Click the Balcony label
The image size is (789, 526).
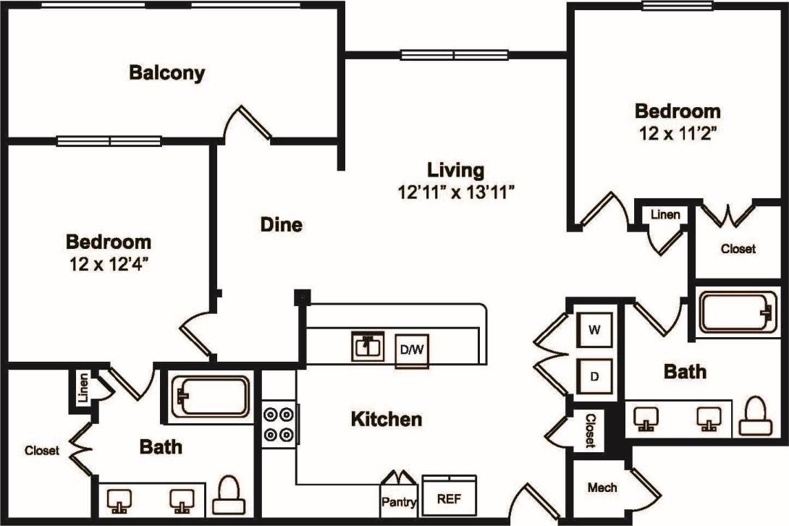coord(166,73)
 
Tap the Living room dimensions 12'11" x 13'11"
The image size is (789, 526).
coord(455,192)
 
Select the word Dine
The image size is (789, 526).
coord(281,225)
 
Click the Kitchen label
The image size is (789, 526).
coord(386,419)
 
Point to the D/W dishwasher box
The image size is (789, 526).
coord(412,350)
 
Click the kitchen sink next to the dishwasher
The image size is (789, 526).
coord(368,347)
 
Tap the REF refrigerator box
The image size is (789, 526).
coord(449,499)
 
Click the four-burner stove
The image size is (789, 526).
coord(279,425)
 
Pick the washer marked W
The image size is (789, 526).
coord(594,331)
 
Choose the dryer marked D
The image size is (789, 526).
coord(594,376)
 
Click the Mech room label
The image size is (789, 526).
coord(602,488)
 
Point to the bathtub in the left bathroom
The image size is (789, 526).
coord(211,396)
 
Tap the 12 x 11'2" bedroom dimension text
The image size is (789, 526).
coord(678,133)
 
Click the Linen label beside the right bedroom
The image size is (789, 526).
coord(665,215)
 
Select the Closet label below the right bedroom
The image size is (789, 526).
coord(738,248)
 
